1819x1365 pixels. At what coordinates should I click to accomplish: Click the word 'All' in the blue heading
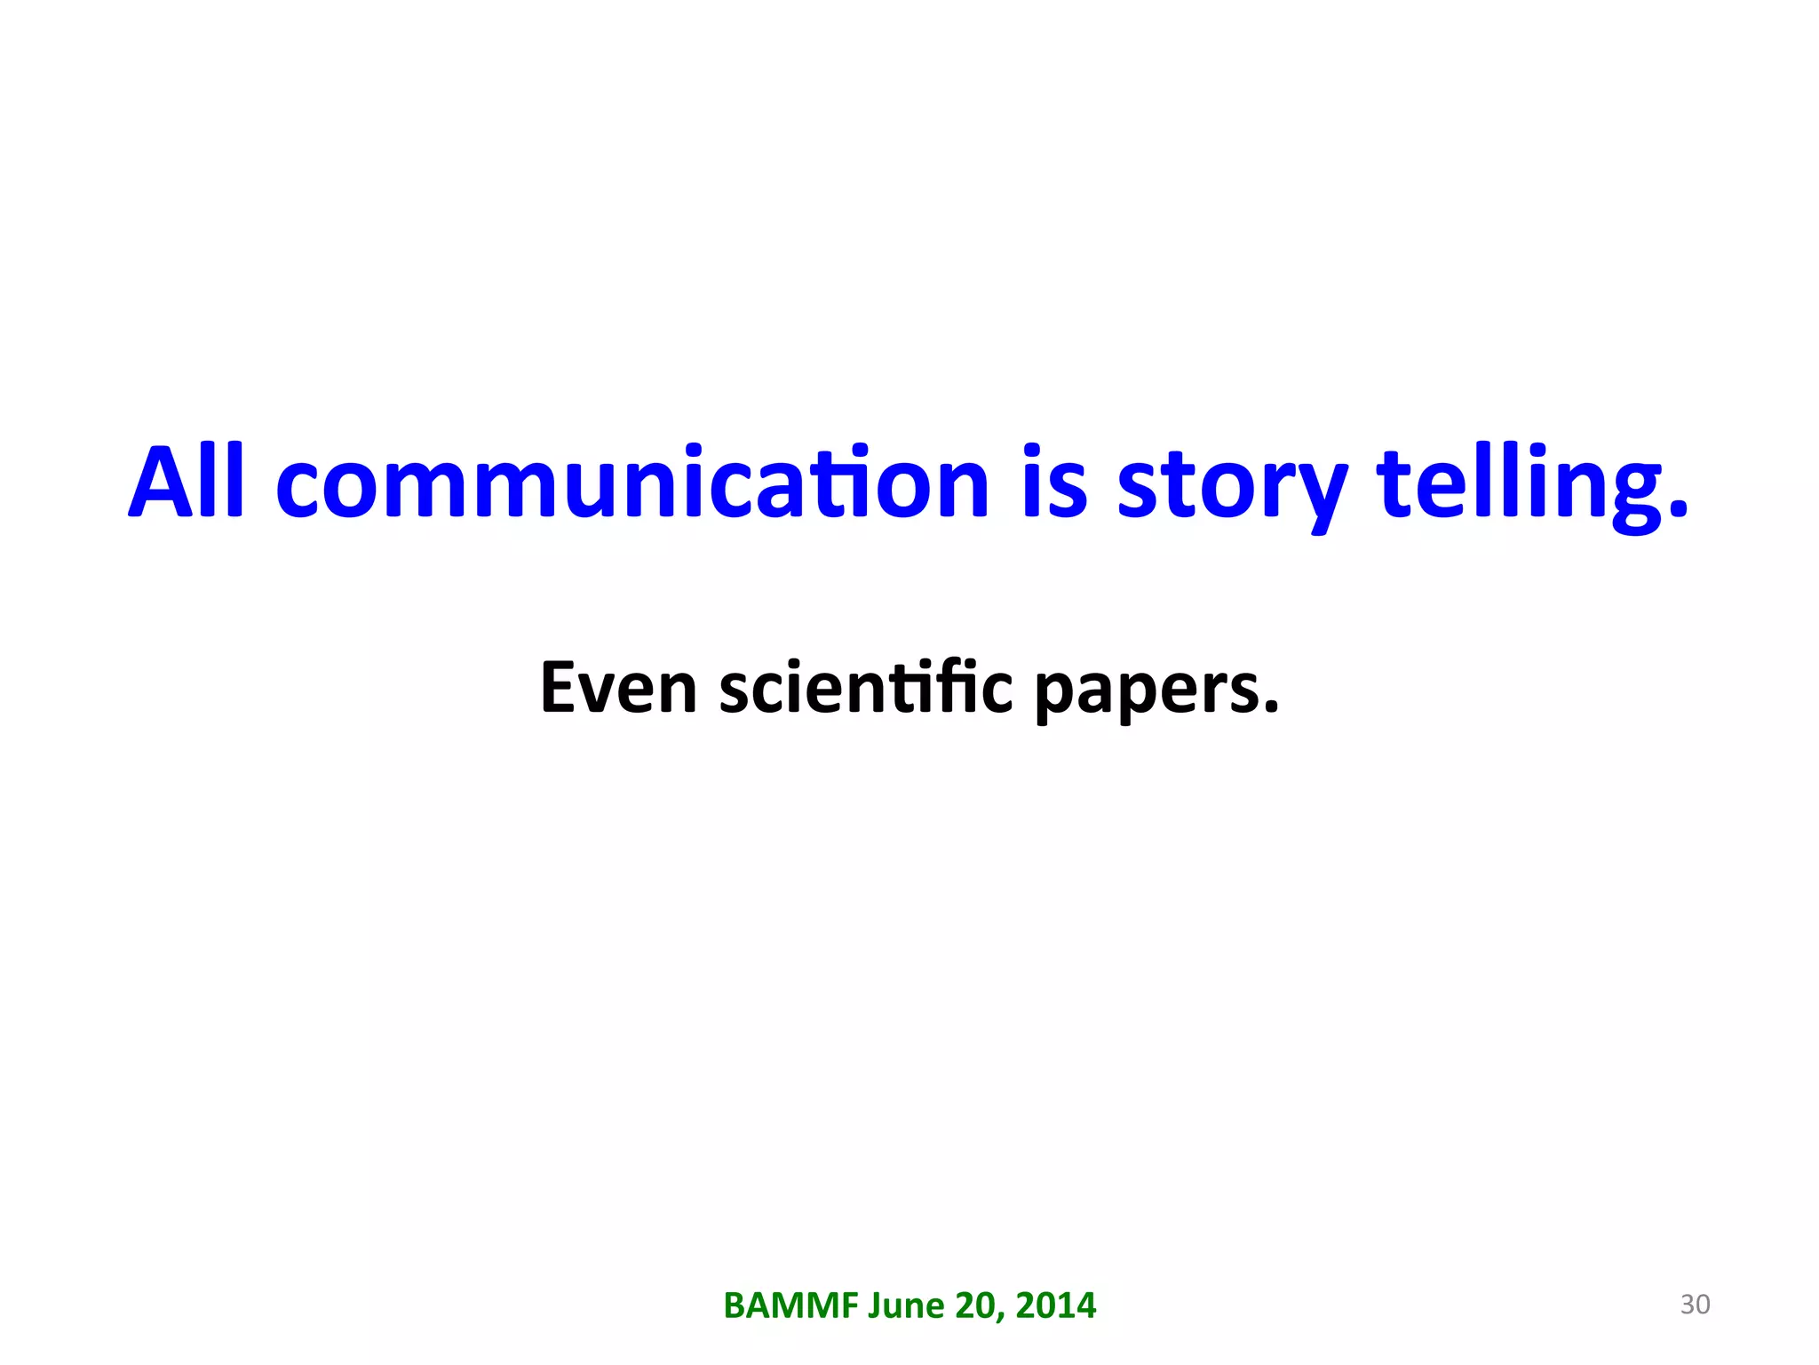[x=186, y=482]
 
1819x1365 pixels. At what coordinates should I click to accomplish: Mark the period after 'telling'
[x=1677, y=507]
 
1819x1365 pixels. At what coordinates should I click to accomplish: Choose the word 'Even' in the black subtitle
[x=618, y=688]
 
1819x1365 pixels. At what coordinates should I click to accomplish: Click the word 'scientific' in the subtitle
[x=865, y=688]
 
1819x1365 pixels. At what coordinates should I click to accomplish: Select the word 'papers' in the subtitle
[x=1146, y=691]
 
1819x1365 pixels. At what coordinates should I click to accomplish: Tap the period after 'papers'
[x=1271, y=707]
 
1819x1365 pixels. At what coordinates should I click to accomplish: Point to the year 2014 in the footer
[x=1056, y=1305]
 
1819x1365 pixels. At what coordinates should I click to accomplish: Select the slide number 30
[x=1695, y=1305]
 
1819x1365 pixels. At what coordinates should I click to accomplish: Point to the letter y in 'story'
[x=1318, y=494]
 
